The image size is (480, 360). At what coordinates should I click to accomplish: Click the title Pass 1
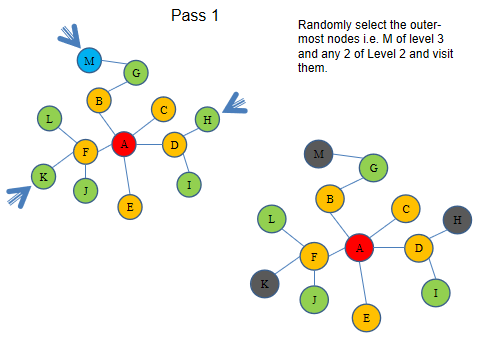point(197,16)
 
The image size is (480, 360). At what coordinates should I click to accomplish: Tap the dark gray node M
point(319,154)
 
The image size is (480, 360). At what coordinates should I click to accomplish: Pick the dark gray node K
point(264,283)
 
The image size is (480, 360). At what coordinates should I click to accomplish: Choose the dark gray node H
point(457,220)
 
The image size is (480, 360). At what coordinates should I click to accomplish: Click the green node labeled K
point(43,178)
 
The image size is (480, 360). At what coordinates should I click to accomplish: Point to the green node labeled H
point(206,119)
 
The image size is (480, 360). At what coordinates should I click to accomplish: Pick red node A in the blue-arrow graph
point(124,144)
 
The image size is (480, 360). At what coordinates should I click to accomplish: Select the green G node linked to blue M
point(137,72)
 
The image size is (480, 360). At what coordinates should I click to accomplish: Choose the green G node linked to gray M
point(373,168)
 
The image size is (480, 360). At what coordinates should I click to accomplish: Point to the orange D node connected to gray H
point(418,246)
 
